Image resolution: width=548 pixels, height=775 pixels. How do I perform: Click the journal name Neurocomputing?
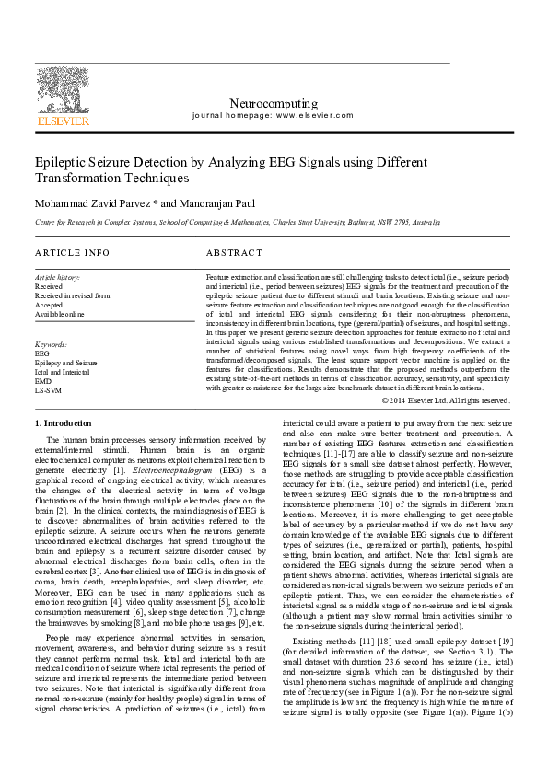coord(273,104)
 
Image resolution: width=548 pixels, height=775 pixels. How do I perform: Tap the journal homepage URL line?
coord(273,117)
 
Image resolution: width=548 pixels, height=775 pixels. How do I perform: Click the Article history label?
coord(57,277)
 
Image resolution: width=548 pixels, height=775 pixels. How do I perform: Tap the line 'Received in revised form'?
coord(72,295)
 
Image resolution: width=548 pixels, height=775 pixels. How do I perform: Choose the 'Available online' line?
coord(59,314)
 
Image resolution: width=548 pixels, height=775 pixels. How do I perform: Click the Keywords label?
coord(51,344)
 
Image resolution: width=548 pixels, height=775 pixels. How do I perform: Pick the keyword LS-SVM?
coord(47,390)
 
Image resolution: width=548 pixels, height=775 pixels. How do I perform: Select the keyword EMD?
coord(42,381)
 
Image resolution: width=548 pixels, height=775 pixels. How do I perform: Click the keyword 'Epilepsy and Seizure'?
coord(65,363)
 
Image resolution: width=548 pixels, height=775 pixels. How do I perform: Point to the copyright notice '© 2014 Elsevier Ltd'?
coord(446,400)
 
